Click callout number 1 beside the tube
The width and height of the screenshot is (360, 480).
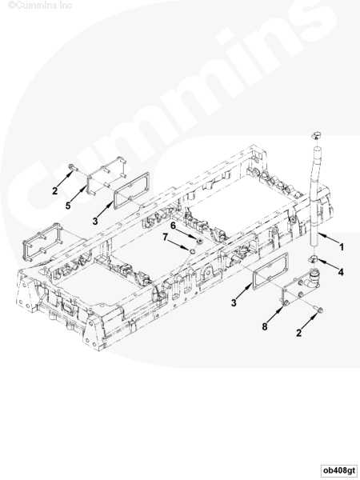pos(342,246)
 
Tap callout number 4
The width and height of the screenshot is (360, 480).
pos(341,272)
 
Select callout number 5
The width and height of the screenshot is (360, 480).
pos(68,206)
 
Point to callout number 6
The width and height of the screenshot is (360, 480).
pos(173,226)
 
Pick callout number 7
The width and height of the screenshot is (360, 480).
pos(165,237)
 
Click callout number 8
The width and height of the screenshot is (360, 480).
pos(265,326)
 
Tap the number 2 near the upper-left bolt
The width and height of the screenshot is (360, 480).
pos(54,190)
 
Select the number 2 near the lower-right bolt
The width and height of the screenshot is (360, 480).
pos(298,333)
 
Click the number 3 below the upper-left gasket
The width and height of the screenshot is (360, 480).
pos(95,221)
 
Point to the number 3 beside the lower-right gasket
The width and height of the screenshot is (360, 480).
pos(234,302)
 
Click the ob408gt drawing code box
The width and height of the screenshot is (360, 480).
pos(339,470)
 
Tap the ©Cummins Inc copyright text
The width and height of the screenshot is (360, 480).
pos(40,6)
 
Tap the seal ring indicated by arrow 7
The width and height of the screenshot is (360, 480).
pos(192,251)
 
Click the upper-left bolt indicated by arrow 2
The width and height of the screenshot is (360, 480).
pos(73,167)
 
